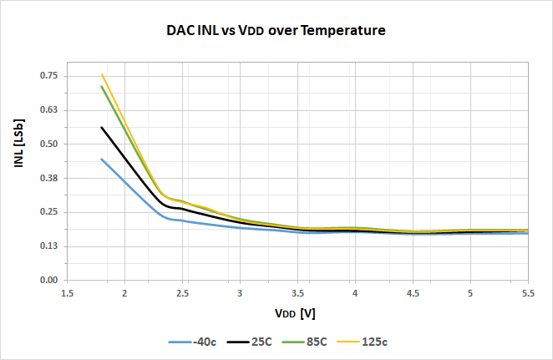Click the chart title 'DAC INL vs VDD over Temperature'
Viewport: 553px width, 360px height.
point(276,31)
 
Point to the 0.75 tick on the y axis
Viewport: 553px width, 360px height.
point(49,76)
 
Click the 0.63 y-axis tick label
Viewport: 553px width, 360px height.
point(49,110)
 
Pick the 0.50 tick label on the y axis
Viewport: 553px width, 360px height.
point(49,145)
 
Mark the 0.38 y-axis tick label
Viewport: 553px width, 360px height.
point(49,179)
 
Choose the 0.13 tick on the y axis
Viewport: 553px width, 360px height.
point(49,246)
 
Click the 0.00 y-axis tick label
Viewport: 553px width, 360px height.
point(49,281)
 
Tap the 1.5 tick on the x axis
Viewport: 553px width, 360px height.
point(67,294)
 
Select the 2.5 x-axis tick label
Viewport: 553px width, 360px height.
point(182,294)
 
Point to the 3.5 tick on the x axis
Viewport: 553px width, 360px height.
point(297,294)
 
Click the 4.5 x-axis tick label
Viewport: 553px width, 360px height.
point(413,294)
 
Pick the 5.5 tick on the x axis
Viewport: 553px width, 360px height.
point(528,294)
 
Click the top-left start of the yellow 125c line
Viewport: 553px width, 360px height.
point(102,74)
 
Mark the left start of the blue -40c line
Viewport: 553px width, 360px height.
point(102,159)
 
